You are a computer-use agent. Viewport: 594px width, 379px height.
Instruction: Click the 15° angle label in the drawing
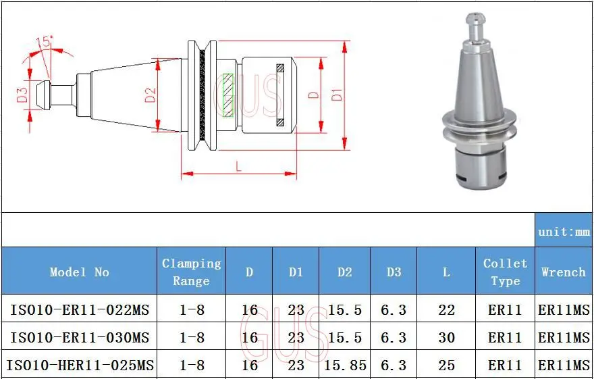(x=46, y=43)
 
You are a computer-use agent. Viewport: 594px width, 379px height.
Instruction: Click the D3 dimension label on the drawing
(x=22, y=95)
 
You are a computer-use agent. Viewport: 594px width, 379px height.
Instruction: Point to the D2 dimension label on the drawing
(x=151, y=95)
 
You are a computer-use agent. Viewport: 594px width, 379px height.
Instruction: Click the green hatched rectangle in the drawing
(x=227, y=94)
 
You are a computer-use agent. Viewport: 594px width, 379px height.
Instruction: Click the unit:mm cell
(x=564, y=232)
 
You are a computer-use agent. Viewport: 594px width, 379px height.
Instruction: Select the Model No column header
(x=79, y=272)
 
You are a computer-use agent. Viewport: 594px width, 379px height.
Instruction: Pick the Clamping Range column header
(x=191, y=272)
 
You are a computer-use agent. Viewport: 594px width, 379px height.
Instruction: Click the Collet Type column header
(x=505, y=272)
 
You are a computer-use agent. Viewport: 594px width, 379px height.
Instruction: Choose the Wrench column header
(x=564, y=272)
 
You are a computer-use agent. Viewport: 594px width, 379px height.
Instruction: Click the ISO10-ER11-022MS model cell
(x=79, y=310)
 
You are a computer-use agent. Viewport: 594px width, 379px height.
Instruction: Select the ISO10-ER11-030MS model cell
(x=79, y=337)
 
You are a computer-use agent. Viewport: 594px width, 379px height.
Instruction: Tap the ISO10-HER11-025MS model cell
(x=80, y=365)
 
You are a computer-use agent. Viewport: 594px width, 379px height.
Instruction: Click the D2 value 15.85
(x=345, y=365)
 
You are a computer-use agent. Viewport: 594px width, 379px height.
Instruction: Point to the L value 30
(x=446, y=337)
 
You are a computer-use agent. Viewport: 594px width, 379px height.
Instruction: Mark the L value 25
(x=446, y=365)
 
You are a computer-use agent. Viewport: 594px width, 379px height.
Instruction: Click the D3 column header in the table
(x=394, y=272)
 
